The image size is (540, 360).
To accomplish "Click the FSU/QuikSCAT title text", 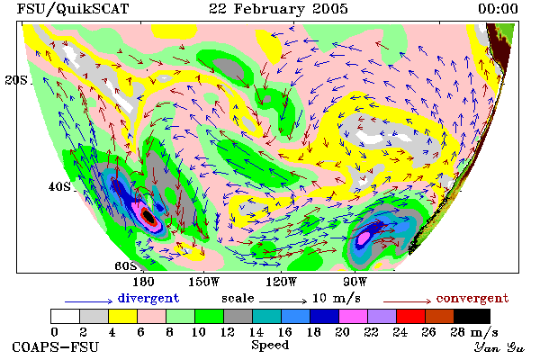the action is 73,9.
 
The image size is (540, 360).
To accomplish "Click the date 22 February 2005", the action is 278,9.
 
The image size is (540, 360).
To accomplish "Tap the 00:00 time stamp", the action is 498,9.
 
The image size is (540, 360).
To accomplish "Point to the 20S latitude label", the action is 16,80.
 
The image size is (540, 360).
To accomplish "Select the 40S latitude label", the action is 59,186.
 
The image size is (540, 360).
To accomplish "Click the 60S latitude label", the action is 126,266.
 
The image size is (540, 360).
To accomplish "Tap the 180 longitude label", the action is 143,282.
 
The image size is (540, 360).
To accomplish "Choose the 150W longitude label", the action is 203,282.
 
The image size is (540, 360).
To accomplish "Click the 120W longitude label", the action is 281,282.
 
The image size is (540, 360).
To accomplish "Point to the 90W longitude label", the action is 355,282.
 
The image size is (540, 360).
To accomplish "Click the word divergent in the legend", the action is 148,298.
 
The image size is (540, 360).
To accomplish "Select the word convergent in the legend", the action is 472,298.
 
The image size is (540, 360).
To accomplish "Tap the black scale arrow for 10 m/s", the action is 283,301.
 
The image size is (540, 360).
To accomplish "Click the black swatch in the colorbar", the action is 472,316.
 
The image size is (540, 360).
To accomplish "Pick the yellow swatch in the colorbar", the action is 122,316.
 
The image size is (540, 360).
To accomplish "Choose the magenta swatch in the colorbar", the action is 353,316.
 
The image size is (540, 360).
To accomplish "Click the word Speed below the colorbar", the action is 270,346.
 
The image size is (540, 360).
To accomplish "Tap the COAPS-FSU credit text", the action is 56,346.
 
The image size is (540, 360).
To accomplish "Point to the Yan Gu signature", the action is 499,347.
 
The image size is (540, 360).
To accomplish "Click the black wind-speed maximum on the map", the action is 148,217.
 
